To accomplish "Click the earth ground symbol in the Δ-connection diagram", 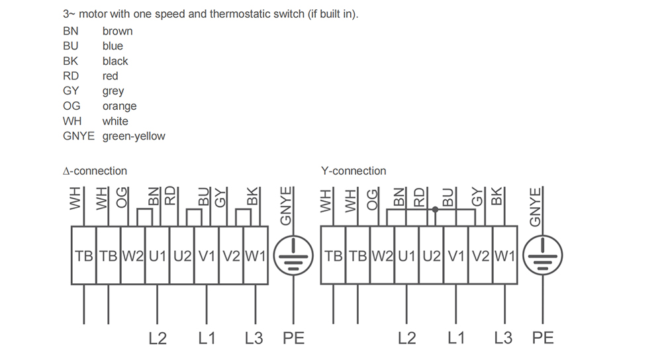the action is click(x=293, y=255).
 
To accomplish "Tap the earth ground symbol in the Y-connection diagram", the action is click(x=543, y=255).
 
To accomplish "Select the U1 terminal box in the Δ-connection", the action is click(x=158, y=255).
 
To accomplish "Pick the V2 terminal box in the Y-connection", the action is click(x=481, y=255).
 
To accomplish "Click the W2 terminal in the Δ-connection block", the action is click(x=133, y=255).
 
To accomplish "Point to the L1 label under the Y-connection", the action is click(x=456, y=338).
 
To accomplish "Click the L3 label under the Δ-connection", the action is click(x=254, y=338).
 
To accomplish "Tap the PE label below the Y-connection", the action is click(x=543, y=338).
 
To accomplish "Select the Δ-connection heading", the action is click(x=95, y=171).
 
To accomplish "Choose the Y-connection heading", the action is click(x=354, y=171).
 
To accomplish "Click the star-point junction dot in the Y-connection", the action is click(x=436, y=209).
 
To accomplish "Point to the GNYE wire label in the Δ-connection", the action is click(x=286, y=206).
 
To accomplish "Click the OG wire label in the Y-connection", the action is click(x=371, y=200).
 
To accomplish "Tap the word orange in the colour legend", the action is click(x=119, y=107).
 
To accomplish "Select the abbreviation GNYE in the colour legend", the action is click(x=79, y=136).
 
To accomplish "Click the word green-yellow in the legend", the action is click(x=134, y=136).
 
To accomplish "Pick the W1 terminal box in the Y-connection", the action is click(x=505, y=255).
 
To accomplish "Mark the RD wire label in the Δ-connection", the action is click(x=169, y=196).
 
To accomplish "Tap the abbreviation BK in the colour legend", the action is click(x=71, y=61).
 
